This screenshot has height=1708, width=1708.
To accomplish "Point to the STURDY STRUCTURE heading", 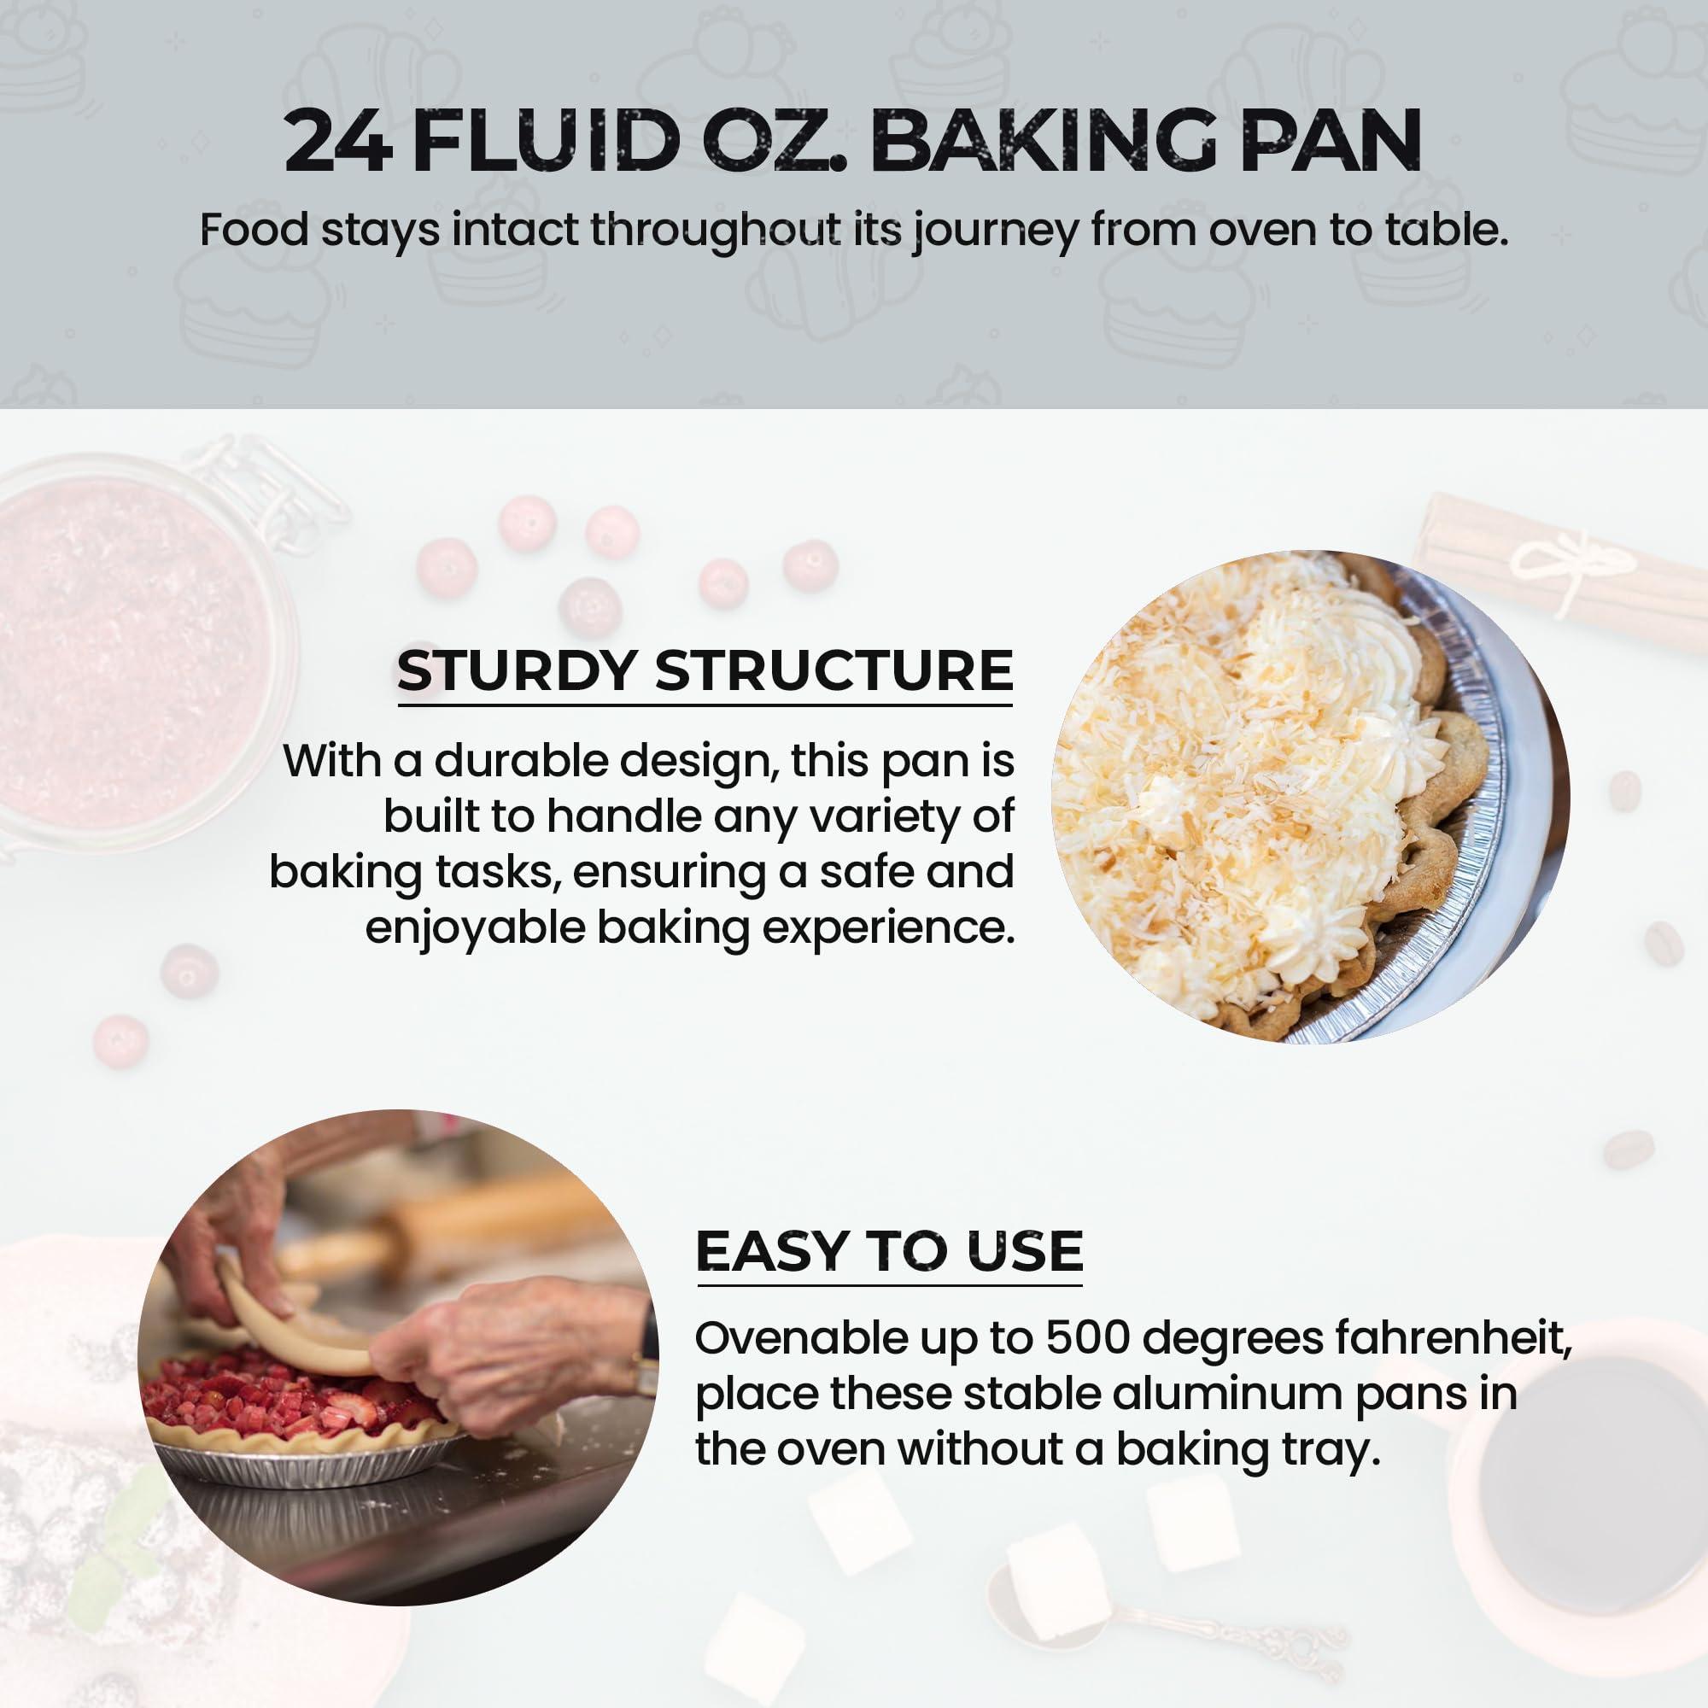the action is click(x=705, y=671).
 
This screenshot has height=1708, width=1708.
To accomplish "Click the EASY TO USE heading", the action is click(x=889, y=1251).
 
